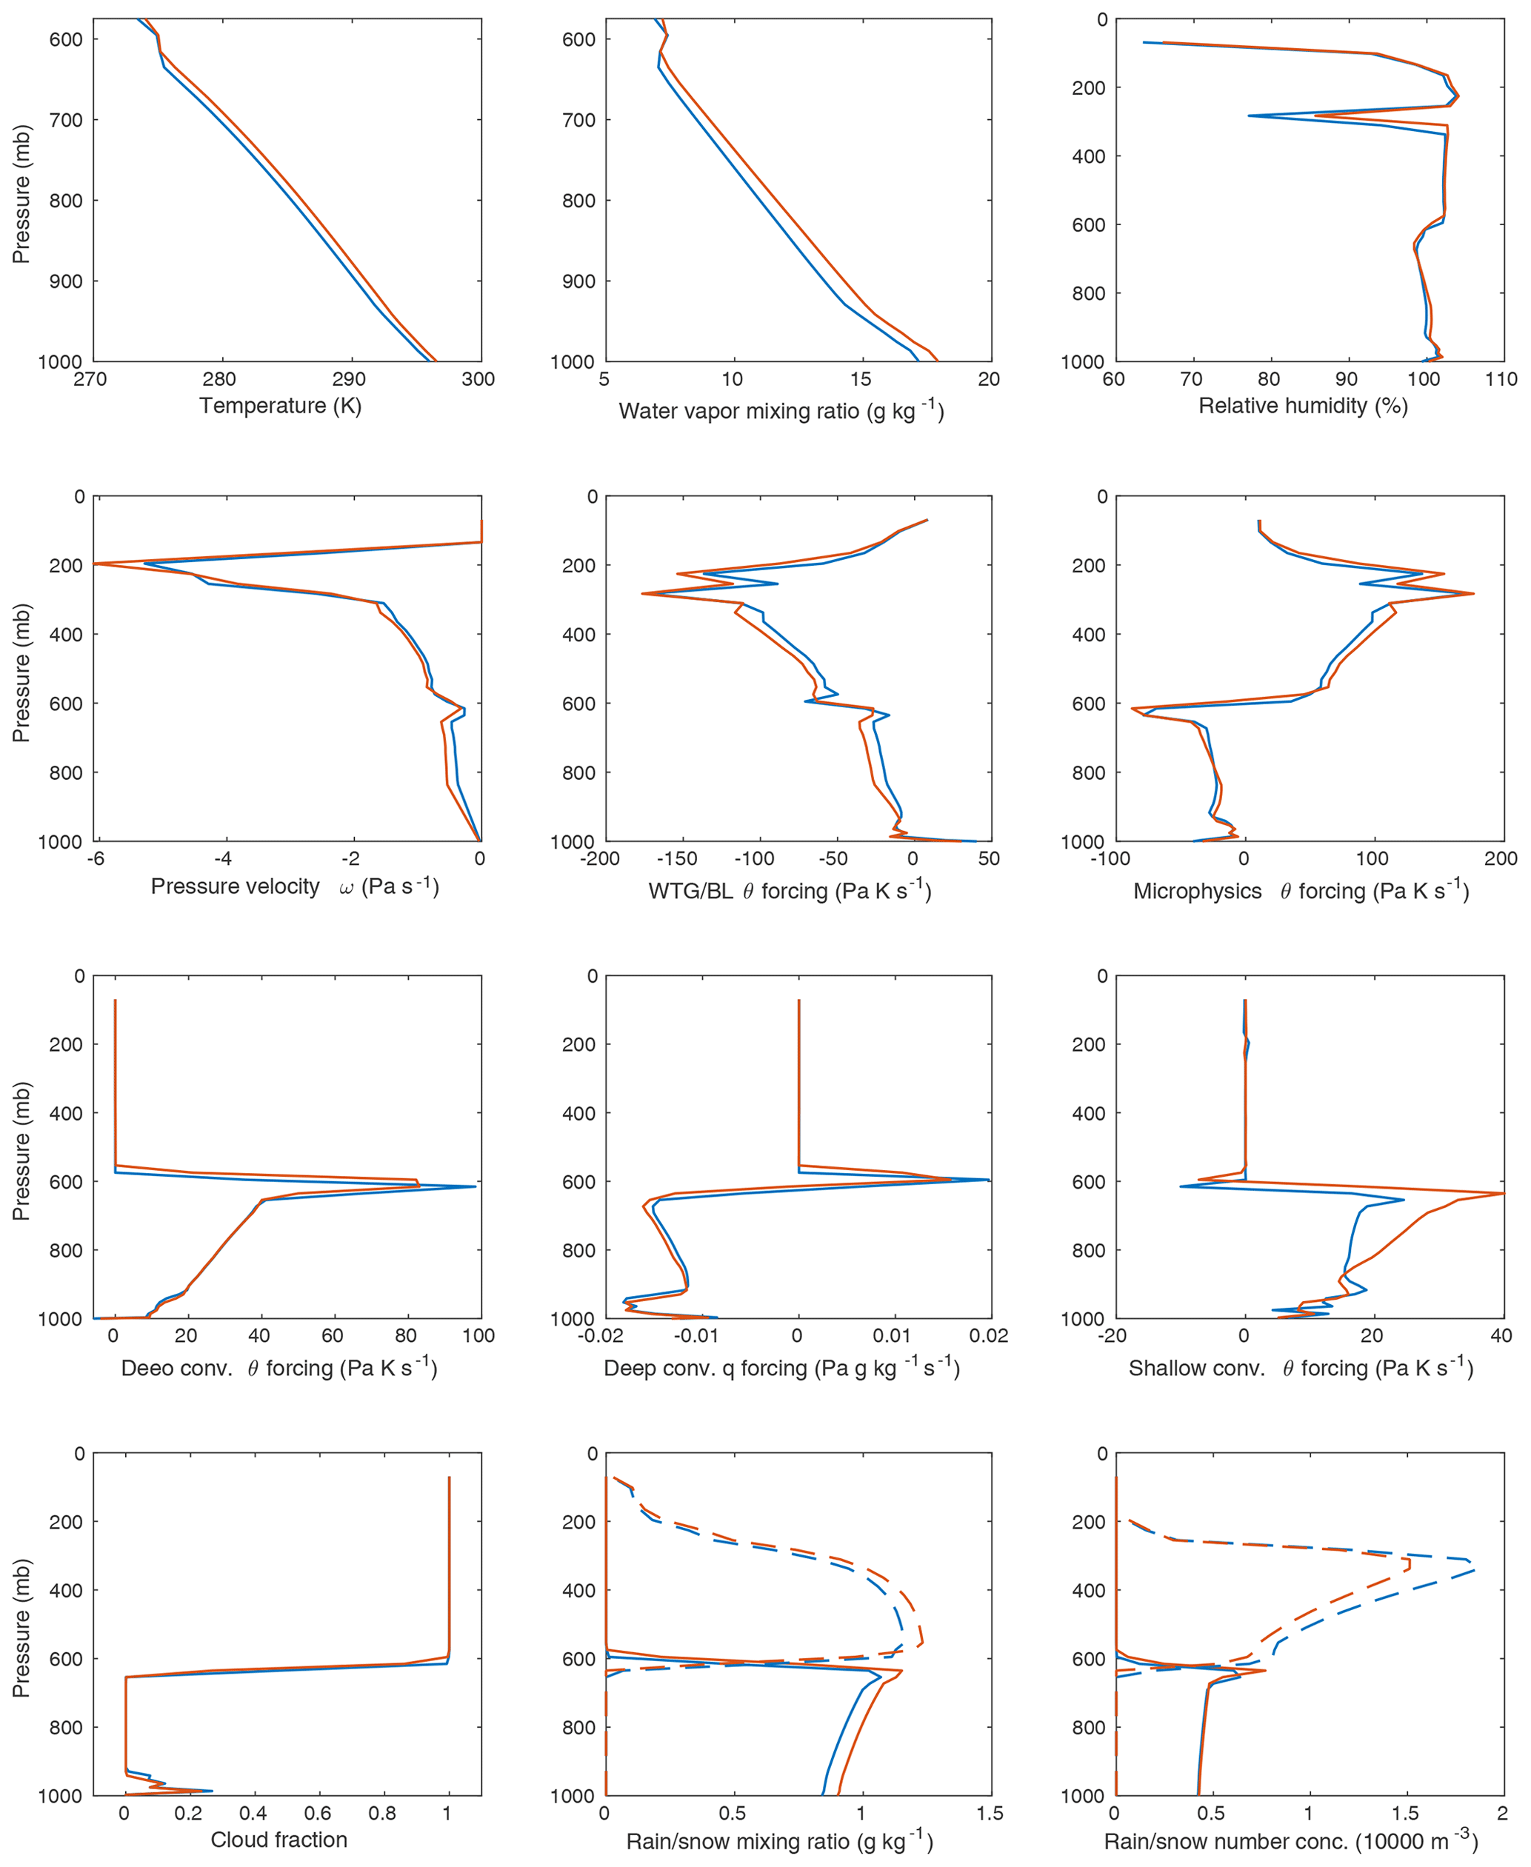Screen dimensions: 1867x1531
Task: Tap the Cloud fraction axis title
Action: coord(278,1840)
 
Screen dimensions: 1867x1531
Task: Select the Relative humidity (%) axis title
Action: coord(1303,406)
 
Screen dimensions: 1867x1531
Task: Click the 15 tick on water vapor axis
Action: coord(861,379)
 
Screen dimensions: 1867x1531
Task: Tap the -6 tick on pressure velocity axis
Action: coord(96,859)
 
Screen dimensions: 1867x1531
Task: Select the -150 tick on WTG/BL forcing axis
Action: coord(676,859)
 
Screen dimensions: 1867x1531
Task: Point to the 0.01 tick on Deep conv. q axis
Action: coord(892,1336)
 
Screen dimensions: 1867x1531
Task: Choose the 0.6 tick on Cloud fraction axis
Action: coord(318,1813)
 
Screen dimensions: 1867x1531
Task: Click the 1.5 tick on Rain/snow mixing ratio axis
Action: coord(990,1813)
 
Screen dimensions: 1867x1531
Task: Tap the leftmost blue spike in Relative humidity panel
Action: coord(1144,42)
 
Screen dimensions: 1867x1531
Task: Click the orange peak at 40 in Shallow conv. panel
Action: coord(1502,1194)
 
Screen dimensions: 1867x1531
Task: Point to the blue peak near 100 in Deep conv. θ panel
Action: coord(475,1187)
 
